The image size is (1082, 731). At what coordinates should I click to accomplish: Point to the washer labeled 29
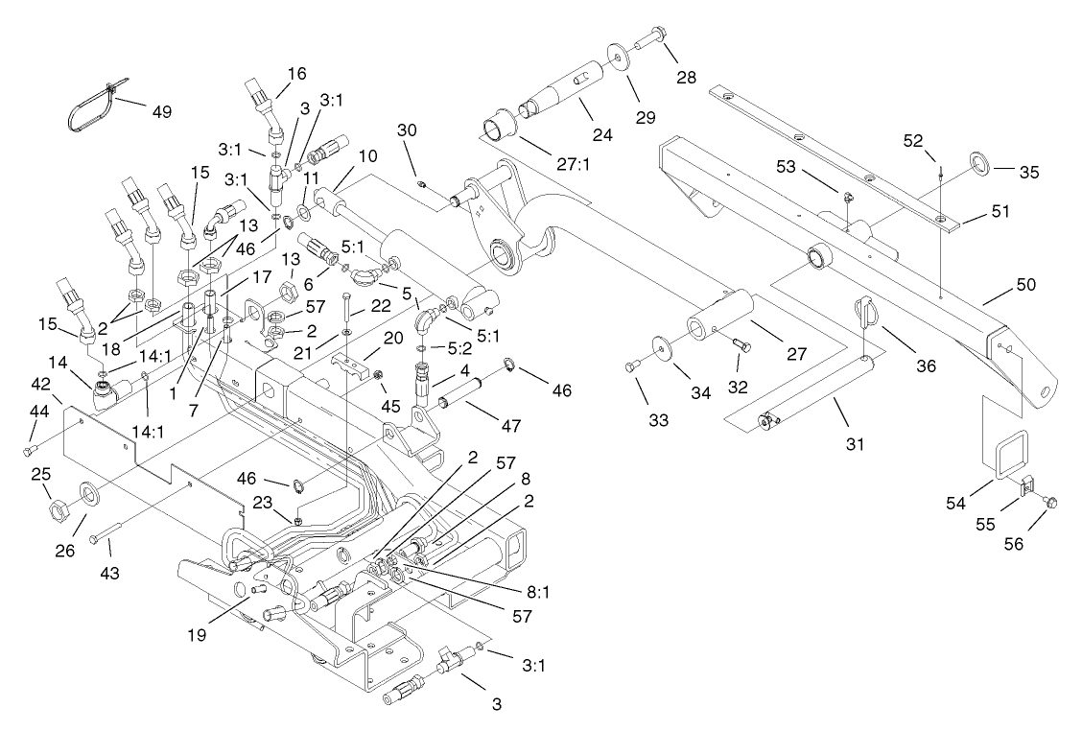coord(614,54)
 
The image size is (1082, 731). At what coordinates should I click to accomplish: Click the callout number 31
coord(855,444)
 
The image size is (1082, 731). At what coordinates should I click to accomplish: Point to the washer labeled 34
coord(659,346)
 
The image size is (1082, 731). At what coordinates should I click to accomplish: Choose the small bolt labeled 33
coord(631,365)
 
